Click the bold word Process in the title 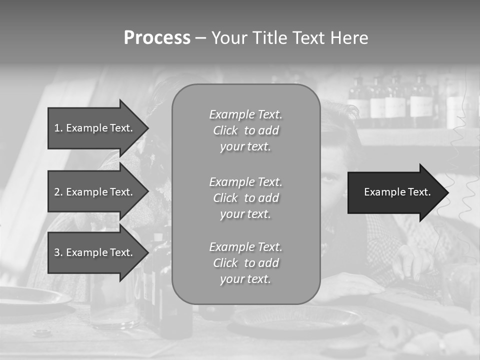(x=157, y=38)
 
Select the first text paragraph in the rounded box (x=245, y=130)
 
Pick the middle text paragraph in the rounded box (x=245, y=198)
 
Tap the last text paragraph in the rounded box (x=245, y=263)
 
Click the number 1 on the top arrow (x=56, y=128)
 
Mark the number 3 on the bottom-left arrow (x=56, y=252)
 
